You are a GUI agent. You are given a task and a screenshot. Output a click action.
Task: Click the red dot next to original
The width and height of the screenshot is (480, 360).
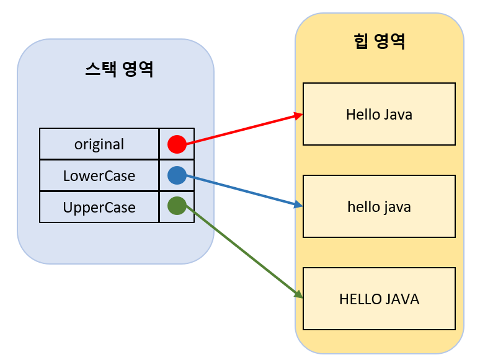point(177,144)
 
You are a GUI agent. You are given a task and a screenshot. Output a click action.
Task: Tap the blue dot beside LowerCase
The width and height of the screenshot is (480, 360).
point(177,175)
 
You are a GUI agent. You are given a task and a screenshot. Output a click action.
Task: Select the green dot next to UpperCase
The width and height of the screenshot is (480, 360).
point(177,206)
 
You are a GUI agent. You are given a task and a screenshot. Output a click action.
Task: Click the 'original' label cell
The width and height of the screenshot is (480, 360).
point(99,144)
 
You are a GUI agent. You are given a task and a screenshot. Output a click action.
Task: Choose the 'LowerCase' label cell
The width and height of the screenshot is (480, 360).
point(99,175)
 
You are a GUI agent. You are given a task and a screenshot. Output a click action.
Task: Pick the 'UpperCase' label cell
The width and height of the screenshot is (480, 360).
point(99,207)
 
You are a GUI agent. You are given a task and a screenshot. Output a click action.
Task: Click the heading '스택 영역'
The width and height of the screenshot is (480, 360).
point(119,69)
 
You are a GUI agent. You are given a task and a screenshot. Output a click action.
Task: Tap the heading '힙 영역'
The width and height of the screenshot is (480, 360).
point(379,42)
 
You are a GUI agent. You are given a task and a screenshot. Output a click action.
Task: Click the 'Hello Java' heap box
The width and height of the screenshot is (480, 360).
point(379,114)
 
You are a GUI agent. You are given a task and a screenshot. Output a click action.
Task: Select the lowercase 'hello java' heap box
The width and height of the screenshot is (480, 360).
point(379,206)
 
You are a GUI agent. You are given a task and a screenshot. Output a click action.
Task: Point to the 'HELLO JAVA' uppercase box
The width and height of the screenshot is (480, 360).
point(379,299)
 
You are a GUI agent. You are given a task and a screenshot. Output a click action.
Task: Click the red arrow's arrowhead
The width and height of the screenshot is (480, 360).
point(300,115)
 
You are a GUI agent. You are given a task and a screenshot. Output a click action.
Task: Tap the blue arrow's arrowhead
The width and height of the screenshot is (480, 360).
point(300,205)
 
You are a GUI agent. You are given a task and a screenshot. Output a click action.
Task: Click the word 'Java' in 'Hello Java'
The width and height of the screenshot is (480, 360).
point(398,115)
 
